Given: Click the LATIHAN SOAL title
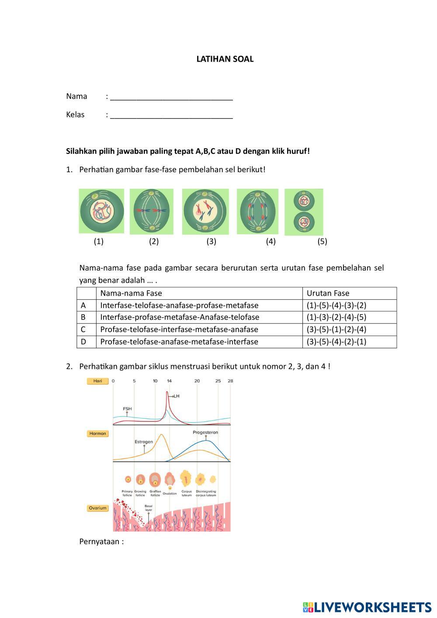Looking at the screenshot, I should coord(225,59).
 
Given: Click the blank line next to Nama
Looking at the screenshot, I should coord(171,97).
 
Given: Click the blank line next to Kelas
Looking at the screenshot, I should coord(171,115).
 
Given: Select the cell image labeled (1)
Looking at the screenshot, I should coord(101,211).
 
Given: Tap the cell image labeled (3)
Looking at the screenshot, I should coord(205,212).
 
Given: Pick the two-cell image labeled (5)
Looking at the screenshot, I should coord(304,212).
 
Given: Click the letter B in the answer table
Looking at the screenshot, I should coord(83,317).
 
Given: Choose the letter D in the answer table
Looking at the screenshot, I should coord(83,342).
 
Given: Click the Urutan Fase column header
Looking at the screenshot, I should coord(328,293).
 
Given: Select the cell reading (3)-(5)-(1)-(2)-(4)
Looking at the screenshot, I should coord(336,330).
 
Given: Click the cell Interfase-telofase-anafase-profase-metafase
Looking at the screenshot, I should coord(179,306).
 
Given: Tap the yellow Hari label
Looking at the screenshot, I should coord(97,381).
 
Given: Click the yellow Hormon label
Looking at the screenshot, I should coord(97,434).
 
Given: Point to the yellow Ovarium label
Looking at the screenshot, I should coord(97,508).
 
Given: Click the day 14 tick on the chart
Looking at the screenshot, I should coord(169,381).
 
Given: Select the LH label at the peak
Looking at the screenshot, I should coord(176,396).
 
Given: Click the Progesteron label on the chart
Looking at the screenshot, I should coord(205,433).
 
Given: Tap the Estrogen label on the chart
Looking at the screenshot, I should coord(144,442).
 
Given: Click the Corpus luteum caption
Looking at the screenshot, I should coord(187,493).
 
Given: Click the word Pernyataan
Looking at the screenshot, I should coord(101,542).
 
